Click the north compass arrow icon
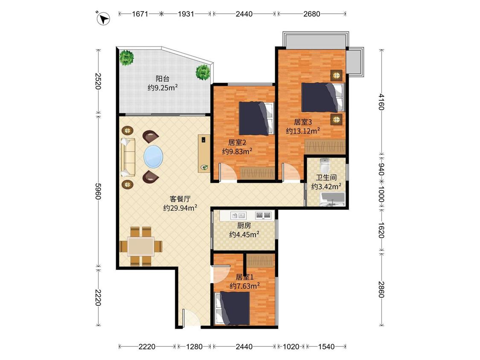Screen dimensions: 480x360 click(104, 18)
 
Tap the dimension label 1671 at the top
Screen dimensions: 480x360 click(140, 14)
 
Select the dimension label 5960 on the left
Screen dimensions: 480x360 click(98, 192)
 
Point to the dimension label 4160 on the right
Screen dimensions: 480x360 click(381, 102)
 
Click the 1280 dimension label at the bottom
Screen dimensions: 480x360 click(195, 346)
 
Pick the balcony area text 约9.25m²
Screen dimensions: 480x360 click(163, 88)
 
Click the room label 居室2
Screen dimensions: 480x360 click(237, 142)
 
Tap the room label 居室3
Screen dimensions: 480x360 click(303, 122)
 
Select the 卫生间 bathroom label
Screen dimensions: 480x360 click(326, 177)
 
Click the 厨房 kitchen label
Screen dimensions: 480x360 click(244, 226)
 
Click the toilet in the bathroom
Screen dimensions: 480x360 click(325, 165)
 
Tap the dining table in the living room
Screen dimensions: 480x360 click(141, 246)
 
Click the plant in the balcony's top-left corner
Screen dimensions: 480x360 click(126, 58)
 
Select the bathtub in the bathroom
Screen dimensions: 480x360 click(332, 199)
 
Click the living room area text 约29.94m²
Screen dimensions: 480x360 click(180, 208)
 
